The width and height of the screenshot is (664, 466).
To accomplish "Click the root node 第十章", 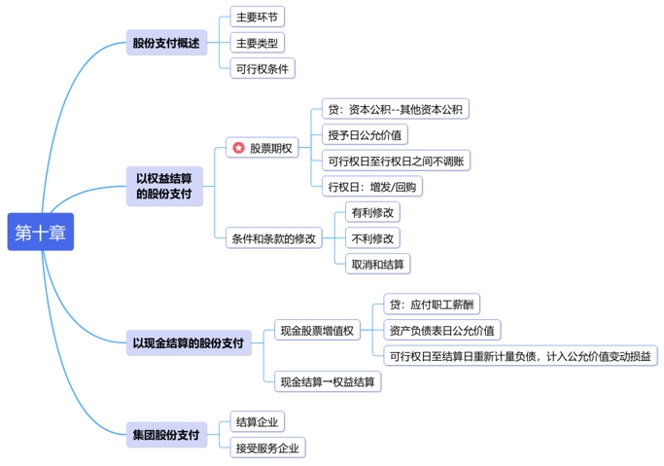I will tap(40, 232).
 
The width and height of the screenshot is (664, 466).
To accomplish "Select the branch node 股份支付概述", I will tap(165, 43).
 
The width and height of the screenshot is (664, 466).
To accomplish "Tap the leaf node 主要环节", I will tap(257, 17).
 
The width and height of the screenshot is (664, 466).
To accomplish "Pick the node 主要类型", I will tap(257, 43).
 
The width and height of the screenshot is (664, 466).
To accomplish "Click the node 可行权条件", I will tap(262, 68).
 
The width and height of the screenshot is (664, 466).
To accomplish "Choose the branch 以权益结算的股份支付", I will tap(163, 187).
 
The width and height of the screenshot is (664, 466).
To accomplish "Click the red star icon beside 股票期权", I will tap(237, 148).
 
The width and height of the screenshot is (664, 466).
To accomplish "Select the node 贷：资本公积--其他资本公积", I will tap(396, 108).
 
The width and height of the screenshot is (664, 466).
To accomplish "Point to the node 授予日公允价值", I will tap(367, 134).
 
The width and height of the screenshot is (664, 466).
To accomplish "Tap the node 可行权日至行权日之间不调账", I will tap(396, 161).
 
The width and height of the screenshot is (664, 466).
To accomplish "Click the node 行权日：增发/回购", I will tap(373, 187).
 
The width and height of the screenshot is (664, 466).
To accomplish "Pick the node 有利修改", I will tap(372, 211).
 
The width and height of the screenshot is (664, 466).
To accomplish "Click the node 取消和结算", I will tap(377, 264).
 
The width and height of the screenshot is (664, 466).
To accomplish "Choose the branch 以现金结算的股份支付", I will tap(189, 342).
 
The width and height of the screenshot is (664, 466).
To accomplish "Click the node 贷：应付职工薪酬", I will tap(433, 305).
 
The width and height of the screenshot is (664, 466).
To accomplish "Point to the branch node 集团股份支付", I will tap(165, 435).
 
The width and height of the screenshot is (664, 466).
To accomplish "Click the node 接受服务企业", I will tap(267, 448).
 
